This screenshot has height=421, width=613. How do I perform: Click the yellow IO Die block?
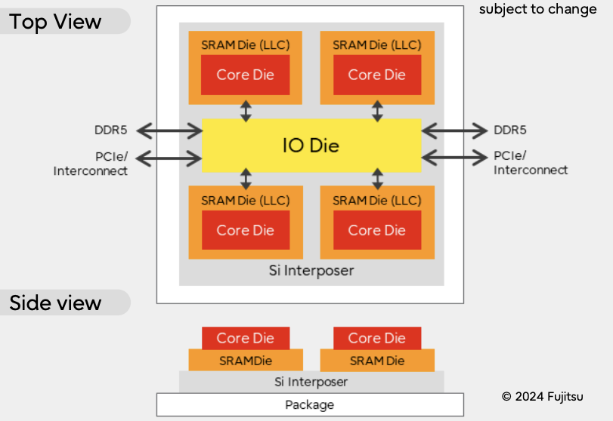click(311, 146)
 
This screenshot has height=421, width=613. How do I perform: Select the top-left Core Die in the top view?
click(245, 75)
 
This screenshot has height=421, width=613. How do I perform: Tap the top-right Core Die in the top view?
click(376, 75)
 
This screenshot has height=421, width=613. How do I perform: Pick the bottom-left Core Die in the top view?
click(245, 230)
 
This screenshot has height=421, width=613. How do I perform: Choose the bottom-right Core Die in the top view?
click(376, 230)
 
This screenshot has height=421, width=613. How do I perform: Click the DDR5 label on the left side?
click(111, 131)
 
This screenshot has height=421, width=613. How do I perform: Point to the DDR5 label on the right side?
click(510, 131)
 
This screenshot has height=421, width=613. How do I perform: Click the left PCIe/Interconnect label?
click(91, 164)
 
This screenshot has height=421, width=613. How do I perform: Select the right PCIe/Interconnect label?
click(531, 163)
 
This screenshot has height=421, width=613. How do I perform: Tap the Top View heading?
click(56, 22)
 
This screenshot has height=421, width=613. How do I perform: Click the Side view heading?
click(55, 303)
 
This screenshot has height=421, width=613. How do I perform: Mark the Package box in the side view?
click(309, 405)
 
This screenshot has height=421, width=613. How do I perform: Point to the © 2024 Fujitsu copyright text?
click(542, 396)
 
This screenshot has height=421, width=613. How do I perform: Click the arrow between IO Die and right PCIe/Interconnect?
click(454, 158)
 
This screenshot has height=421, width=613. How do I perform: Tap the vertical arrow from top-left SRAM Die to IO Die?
click(246, 111)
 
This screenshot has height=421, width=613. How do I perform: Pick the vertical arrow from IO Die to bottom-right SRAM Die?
click(377, 180)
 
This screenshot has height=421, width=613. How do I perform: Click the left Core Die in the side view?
click(245, 338)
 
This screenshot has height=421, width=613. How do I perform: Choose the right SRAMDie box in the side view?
click(376, 361)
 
